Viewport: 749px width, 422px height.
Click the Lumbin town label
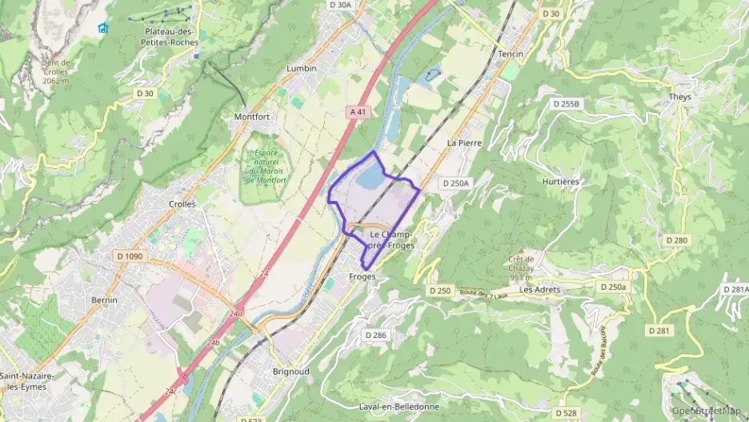302,69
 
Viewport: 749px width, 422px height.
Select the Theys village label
679,97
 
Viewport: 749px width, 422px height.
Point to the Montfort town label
251,117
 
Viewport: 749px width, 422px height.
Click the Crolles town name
182,204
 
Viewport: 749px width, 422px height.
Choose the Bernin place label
104,300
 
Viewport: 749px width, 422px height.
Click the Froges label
362,276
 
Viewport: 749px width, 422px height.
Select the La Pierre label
462,143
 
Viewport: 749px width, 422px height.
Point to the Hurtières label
560,182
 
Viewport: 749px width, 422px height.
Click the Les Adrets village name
537,289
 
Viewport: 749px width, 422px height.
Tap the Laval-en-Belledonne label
397,406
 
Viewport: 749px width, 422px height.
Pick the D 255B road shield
567,104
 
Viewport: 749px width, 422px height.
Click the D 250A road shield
455,183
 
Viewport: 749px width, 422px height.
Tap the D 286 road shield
375,335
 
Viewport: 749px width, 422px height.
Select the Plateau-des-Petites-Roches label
171,37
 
